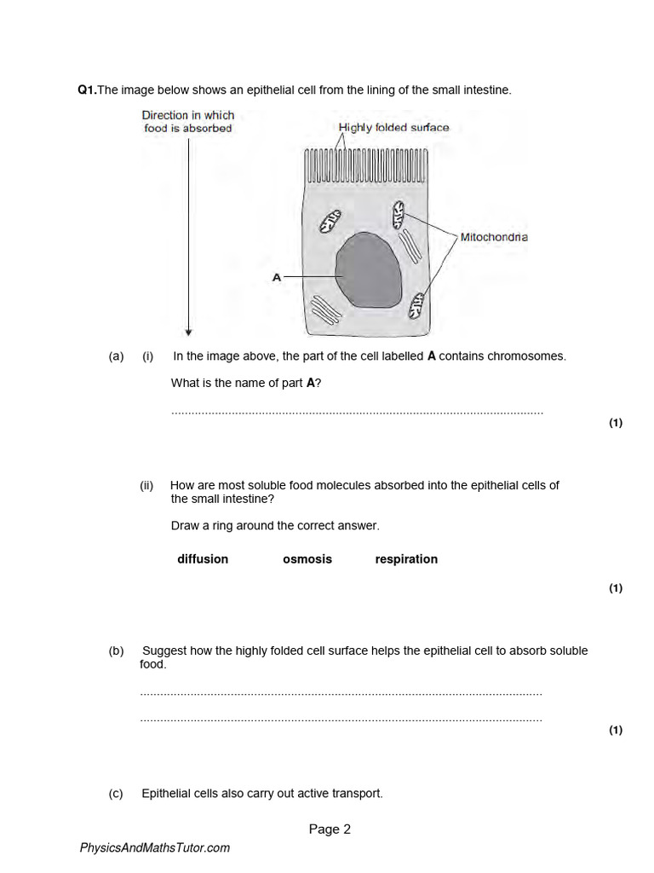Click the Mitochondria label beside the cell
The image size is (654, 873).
click(494, 237)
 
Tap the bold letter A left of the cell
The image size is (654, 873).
click(276, 277)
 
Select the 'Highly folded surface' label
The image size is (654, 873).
click(393, 128)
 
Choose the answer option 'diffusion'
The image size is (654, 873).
click(203, 559)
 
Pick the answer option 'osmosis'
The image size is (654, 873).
click(307, 559)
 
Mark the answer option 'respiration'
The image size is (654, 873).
click(406, 559)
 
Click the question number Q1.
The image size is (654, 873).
click(87, 90)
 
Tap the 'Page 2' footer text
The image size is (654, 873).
click(330, 829)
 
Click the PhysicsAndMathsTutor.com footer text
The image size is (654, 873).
click(154, 847)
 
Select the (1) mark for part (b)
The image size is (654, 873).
click(616, 730)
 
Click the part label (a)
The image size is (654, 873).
click(117, 356)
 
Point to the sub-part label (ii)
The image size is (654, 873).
click(146, 485)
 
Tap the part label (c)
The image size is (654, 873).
click(117, 794)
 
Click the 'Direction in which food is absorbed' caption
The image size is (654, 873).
click(188, 122)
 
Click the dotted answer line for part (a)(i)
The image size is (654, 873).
click(357, 413)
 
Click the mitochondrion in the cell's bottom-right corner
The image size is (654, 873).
click(416, 304)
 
